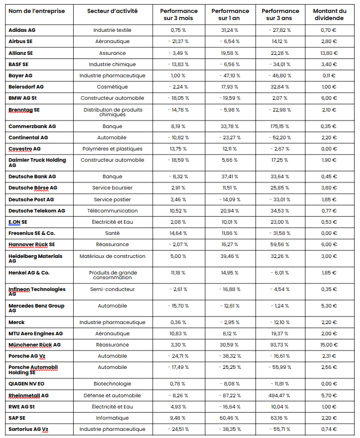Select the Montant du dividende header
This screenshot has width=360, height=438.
point(329,15)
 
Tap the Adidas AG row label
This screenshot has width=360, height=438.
point(22,30)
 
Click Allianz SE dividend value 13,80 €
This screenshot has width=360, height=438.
point(329,53)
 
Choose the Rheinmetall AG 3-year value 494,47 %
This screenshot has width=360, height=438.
point(279,395)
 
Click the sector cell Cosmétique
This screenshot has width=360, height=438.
point(112,86)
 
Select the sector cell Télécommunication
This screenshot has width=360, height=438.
point(112,210)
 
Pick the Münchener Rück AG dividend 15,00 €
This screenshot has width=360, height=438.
point(329,344)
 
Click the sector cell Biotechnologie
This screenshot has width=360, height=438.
point(112,384)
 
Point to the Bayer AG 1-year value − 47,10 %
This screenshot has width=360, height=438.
point(229,75)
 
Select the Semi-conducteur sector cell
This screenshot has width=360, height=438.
point(112,289)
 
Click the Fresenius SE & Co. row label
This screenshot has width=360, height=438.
point(32,233)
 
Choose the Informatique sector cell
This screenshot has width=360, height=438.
point(112,417)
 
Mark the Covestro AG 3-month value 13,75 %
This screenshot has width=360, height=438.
point(178,148)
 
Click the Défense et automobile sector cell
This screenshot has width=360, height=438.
point(112,395)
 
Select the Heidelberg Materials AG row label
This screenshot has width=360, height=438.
point(35,259)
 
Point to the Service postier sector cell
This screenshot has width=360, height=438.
point(112,199)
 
